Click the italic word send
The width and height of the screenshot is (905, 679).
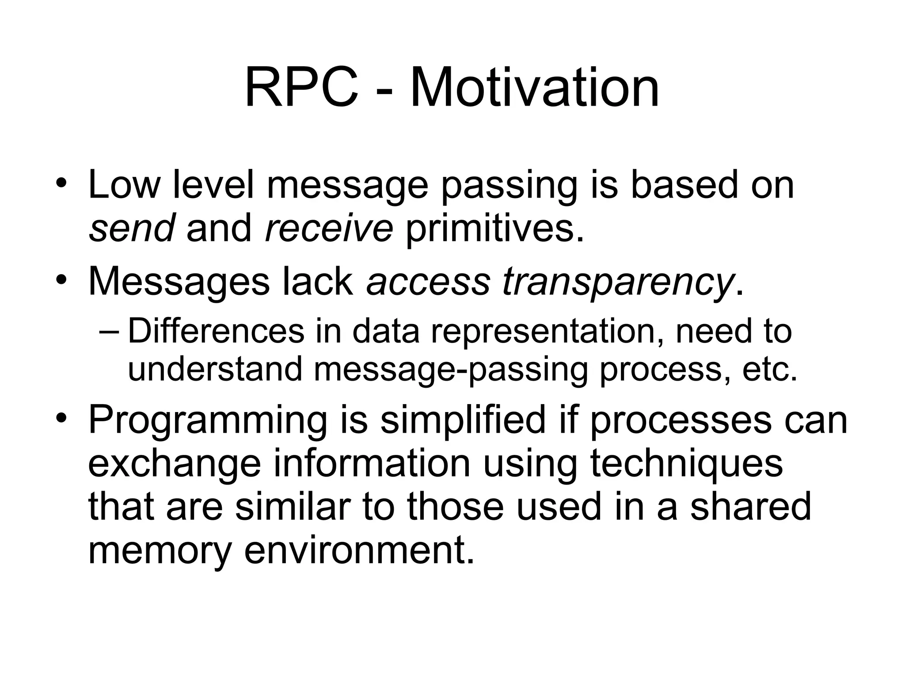(x=132, y=229)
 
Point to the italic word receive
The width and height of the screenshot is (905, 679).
(x=329, y=229)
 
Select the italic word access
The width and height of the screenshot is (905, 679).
(x=428, y=283)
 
